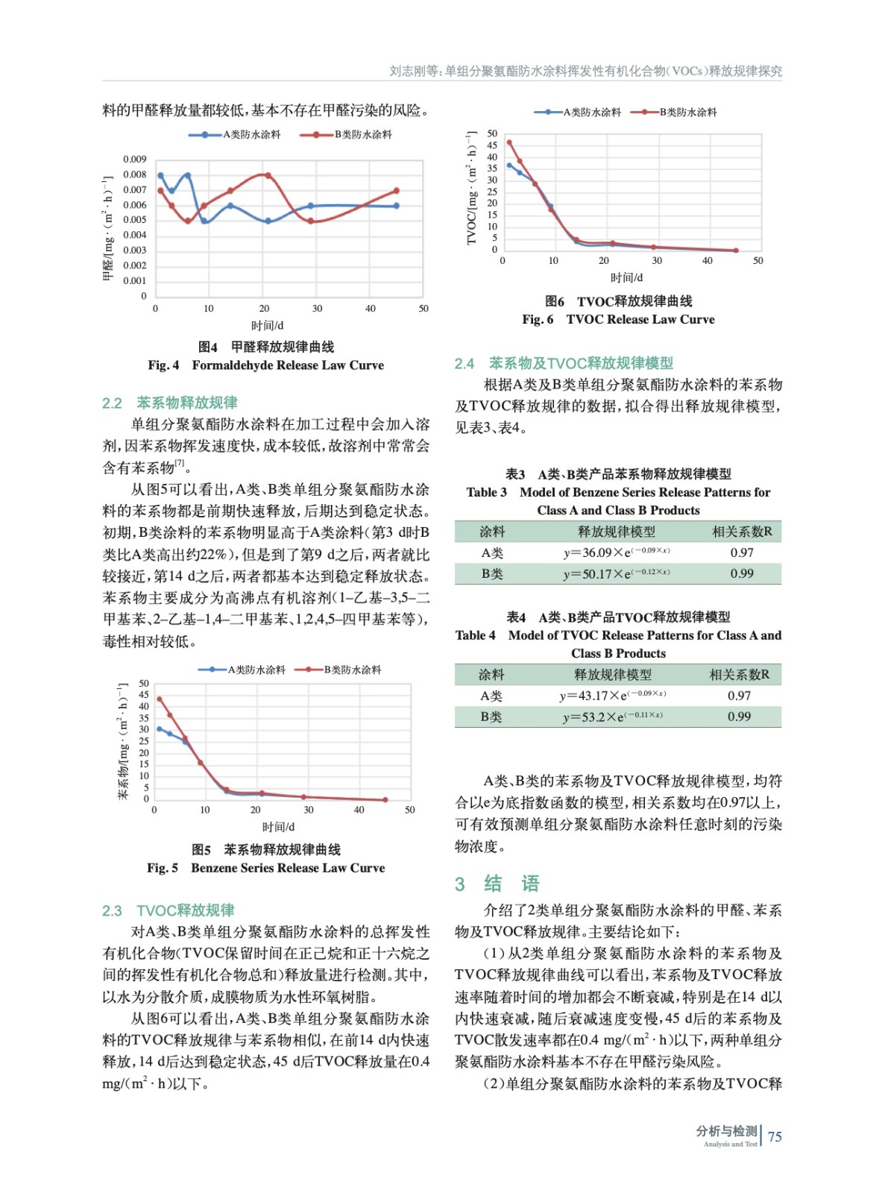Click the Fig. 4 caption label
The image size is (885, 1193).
(x=163, y=365)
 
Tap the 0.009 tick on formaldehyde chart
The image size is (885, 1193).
(x=135, y=160)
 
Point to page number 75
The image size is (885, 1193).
(x=775, y=1136)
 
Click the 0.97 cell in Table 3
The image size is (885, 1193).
(x=742, y=553)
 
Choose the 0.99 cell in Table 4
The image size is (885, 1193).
(x=739, y=717)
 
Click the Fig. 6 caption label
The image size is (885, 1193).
(x=538, y=319)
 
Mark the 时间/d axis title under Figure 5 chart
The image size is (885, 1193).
(x=278, y=827)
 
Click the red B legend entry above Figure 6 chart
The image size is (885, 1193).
(x=674, y=112)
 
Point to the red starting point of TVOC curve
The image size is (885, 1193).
(x=509, y=142)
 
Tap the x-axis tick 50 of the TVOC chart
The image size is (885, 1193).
(x=758, y=261)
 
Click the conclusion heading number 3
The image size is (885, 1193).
(x=460, y=884)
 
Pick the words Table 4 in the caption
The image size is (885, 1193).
(x=475, y=635)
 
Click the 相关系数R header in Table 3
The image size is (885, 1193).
(x=742, y=532)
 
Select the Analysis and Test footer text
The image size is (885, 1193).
(x=729, y=1144)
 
